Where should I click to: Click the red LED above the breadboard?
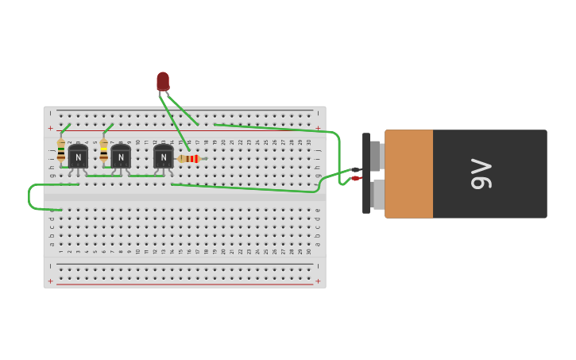pyautogui.click(x=163, y=81)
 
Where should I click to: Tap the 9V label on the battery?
pyautogui.click(x=481, y=174)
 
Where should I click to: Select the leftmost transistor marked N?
pyautogui.click(x=78, y=157)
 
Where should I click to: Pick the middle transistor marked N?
pyautogui.click(x=121, y=157)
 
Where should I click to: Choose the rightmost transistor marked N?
pyautogui.click(x=163, y=157)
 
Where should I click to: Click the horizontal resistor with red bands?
pyautogui.click(x=191, y=159)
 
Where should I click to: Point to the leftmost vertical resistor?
pyautogui.click(x=61, y=150)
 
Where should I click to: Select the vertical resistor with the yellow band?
pyautogui.click(x=103, y=150)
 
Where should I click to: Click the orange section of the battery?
pyautogui.click(x=409, y=174)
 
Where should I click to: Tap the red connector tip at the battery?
pyautogui.click(x=355, y=179)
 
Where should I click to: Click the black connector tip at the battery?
pyautogui.click(x=355, y=169)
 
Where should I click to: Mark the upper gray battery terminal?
pyautogui.click(x=377, y=156)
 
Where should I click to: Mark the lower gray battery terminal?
pyautogui.click(x=378, y=195)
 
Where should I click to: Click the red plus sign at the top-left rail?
pyautogui.click(x=50, y=128)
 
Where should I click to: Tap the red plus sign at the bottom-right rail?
pyautogui.click(x=318, y=281)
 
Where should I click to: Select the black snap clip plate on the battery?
pyautogui.click(x=366, y=173)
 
